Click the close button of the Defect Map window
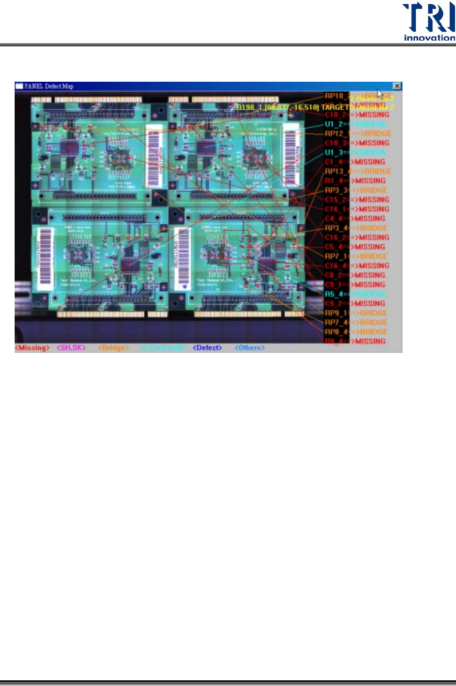point(397,86)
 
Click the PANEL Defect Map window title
point(49,86)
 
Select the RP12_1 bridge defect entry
point(358,134)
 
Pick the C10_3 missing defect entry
point(357,143)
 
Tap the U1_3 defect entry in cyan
point(355,153)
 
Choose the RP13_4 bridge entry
point(358,171)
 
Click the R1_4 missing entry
point(355,181)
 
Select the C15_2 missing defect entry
point(357,200)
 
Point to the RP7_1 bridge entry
point(356,257)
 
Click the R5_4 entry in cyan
point(355,294)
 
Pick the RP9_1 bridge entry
point(356,313)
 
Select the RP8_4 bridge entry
point(356,332)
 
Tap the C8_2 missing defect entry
point(355,275)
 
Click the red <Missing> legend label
point(32,348)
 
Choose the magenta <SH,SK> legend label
point(71,348)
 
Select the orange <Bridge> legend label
point(113,348)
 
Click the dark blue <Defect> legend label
point(207,348)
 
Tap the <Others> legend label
point(250,348)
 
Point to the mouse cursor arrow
point(380,94)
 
